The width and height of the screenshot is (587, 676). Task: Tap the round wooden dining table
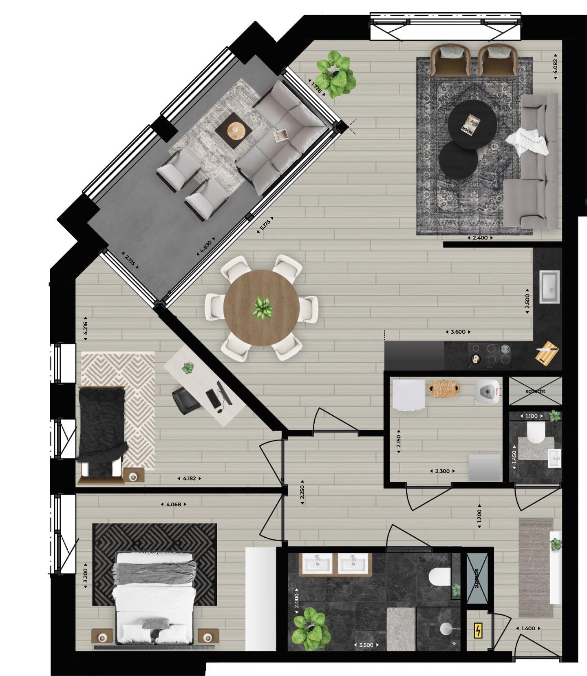261,308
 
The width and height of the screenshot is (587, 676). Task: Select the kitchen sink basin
549,286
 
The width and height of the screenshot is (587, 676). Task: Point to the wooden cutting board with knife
547,353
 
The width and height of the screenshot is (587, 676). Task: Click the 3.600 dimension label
458,332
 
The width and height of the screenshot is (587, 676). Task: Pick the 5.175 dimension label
265,225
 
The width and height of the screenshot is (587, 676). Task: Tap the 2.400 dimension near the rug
480,237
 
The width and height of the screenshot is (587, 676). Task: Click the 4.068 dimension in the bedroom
174,504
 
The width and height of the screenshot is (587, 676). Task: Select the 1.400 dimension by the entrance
528,628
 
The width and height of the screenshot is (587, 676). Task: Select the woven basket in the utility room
443,388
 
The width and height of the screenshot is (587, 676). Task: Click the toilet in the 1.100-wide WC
535,433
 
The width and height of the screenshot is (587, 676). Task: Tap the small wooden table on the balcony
234,131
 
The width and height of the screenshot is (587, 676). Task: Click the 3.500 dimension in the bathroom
366,645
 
